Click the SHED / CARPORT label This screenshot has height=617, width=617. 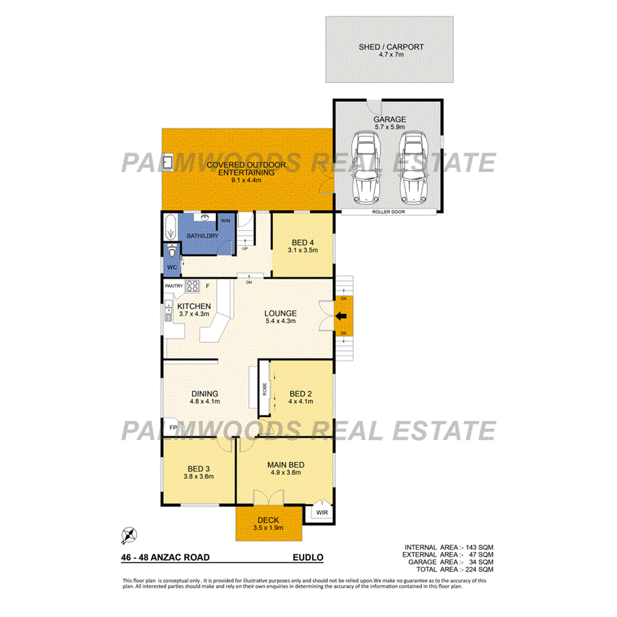(x=391, y=47)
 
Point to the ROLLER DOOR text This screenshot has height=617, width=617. (x=389, y=212)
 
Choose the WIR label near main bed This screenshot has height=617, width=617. (x=322, y=512)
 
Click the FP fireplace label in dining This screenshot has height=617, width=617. (x=171, y=426)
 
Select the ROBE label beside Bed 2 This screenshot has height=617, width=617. (x=264, y=389)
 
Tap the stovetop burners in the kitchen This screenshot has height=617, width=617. (x=192, y=286)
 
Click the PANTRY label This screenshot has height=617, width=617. (x=173, y=285)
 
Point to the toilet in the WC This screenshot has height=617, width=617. (x=171, y=251)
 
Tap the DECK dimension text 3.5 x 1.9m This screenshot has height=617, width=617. (x=268, y=528)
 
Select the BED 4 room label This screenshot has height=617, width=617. (x=302, y=243)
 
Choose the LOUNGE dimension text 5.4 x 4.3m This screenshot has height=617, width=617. (x=281, y=320)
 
